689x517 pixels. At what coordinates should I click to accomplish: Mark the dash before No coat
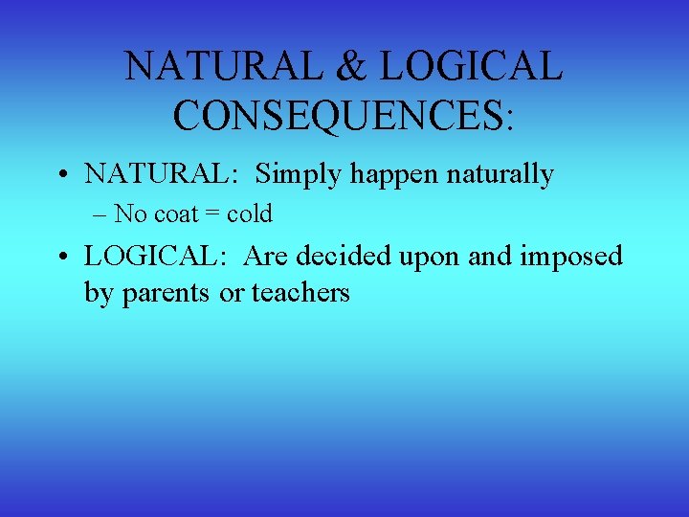coord(101,214)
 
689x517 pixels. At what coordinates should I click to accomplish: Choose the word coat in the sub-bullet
coord(168,214)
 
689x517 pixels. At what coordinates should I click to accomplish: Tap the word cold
coord(249,214)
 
